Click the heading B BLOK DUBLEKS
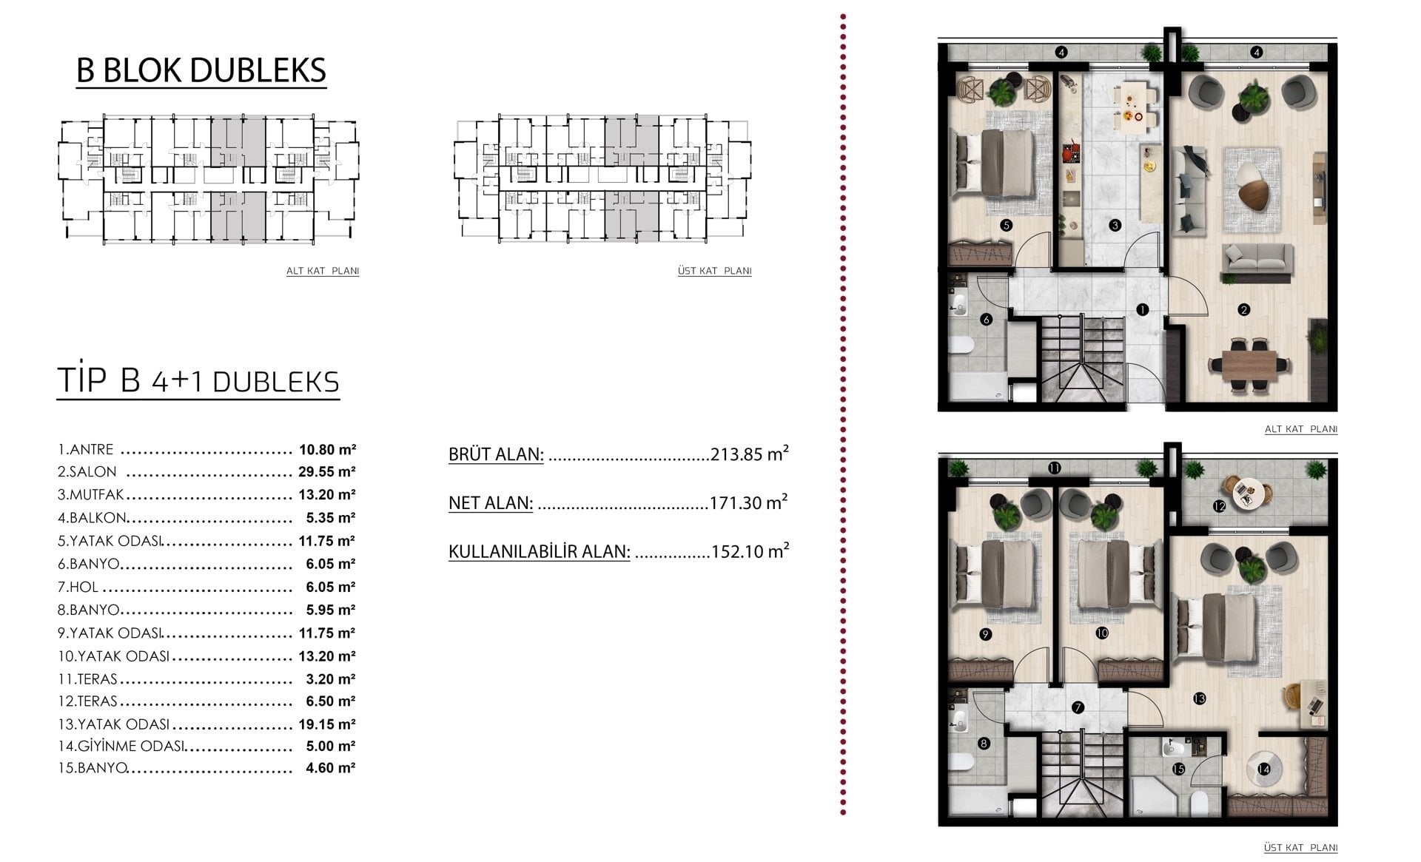[x=201, y=70]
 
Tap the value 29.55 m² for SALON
[x=327, y=471]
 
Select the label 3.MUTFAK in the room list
[x=91, y=494]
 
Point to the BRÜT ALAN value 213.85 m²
[x=749, y=453]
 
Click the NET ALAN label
[x=491, y=502]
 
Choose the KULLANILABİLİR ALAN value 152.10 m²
[x=750, y=550]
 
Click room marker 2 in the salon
[x=1244, y=309]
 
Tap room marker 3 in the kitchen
[x=1115, y=225]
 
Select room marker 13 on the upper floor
[x=1199, y=698]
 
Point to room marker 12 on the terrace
[x=1219, y=506]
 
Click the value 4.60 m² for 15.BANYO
[x=330, y=767]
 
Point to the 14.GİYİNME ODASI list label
[x=121, y=746]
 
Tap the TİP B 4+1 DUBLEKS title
[x=198, y=380]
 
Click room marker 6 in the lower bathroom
[x=986, y=320]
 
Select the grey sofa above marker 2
[x=1257, y=260]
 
